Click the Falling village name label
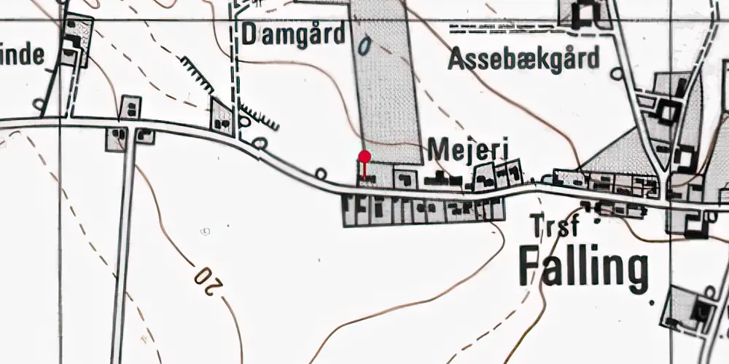[x=583, y=268]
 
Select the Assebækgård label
[x=523, y=58]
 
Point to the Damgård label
[x=294, y=34]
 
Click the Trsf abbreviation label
[x=555, y=226]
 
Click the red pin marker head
[x=364, y=157]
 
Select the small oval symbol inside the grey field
[x=366, y=45]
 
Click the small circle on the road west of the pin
[x=321, y=173]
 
